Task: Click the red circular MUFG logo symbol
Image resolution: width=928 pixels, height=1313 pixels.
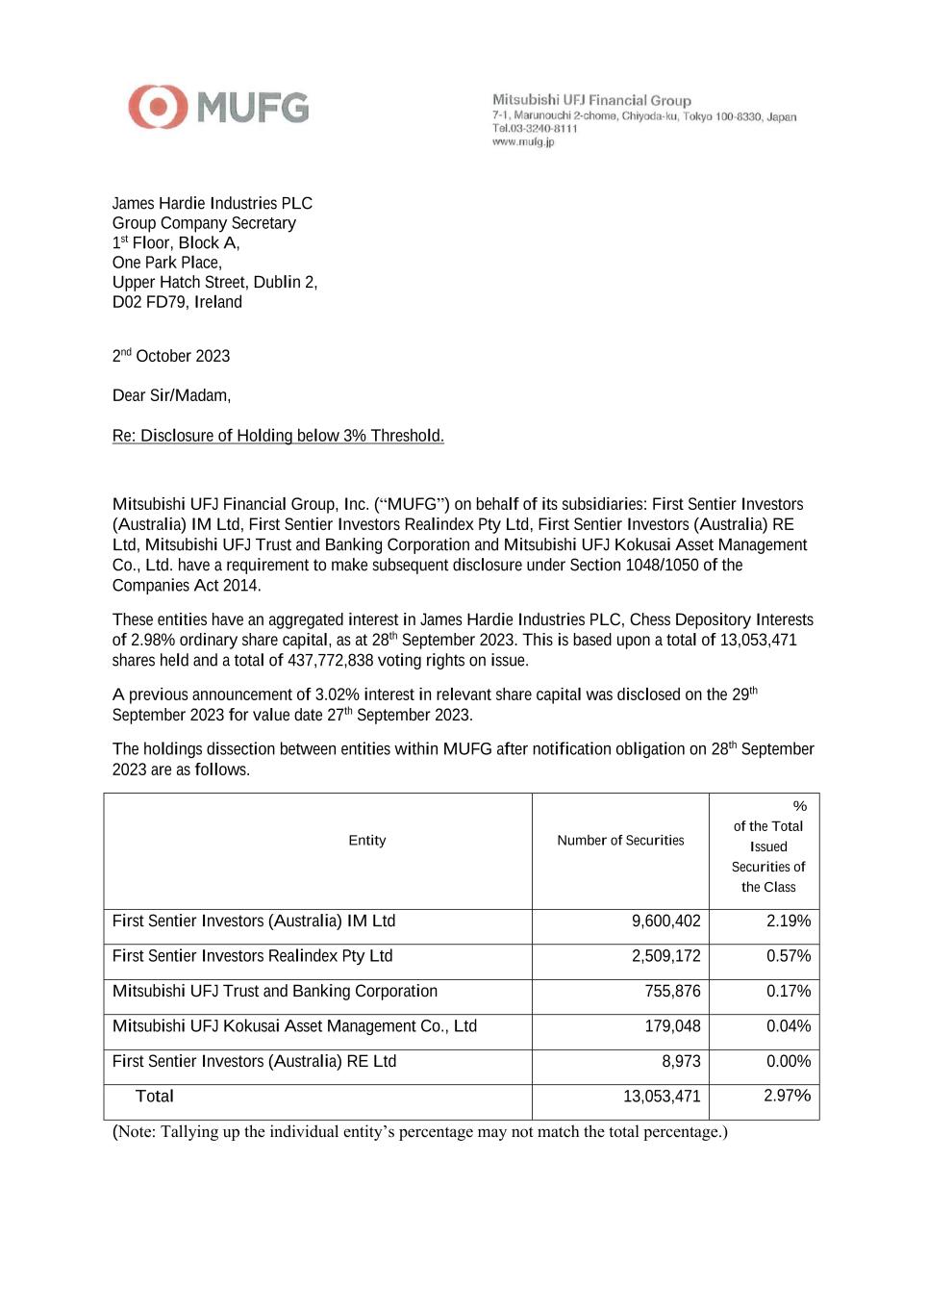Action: pos(158,107)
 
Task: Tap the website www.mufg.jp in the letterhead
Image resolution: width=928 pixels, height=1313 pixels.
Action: pos(523,142)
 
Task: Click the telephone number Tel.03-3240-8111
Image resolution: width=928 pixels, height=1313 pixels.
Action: pos(535,129)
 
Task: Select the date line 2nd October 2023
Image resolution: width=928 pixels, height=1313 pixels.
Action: pos(171,356)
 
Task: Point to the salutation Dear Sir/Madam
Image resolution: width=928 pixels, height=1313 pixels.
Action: pos(171,395)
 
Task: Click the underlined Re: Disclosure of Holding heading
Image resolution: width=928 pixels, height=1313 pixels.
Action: pos(278,436)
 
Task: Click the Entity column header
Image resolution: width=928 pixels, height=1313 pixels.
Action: pos(366,841)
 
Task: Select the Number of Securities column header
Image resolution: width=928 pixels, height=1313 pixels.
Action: pos(620,841)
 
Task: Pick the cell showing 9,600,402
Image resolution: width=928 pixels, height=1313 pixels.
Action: pos(665,922)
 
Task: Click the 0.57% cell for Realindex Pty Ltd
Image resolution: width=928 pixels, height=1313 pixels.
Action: pos(788,956)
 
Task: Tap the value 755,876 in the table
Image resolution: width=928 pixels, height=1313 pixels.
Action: pos(672,992)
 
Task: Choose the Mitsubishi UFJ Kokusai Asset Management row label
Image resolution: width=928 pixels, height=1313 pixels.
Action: pos(294,1026)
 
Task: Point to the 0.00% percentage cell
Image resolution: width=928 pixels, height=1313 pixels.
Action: pos(788,1062)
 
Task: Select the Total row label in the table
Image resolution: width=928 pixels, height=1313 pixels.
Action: pos(155,1097)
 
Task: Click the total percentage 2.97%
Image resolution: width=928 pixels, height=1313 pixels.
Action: pos(787,1097)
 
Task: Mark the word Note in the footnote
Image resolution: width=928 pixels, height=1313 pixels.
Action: pos(138,1132)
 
